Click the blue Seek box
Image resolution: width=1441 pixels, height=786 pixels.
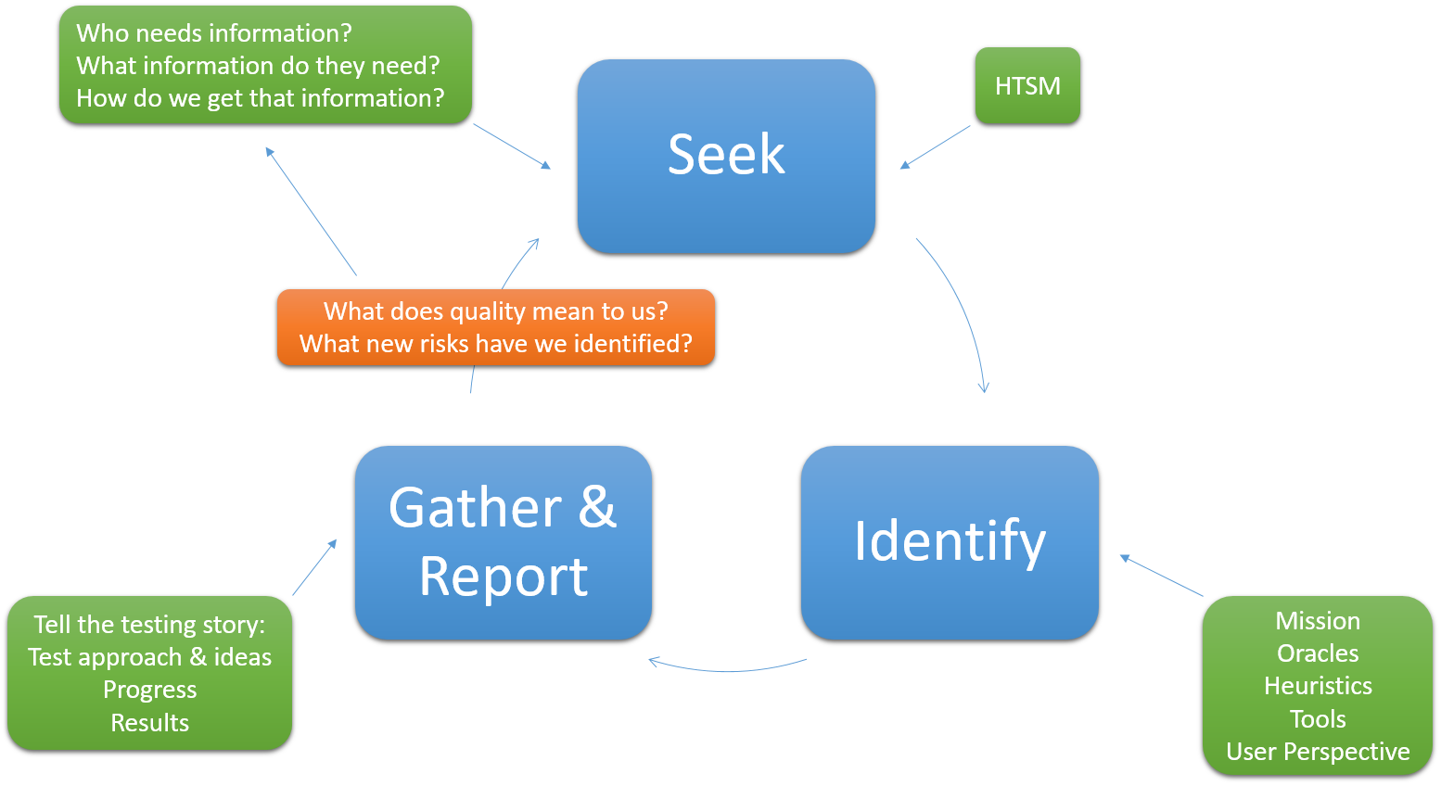click(x=726, y=157)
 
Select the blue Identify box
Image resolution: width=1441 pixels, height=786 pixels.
click(x=950, y=543)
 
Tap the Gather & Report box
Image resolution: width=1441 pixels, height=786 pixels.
click(x=504, y=543)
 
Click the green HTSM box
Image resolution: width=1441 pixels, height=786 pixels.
click(x=1027, y=85)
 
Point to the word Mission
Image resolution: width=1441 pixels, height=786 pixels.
click(x=1318, y=621)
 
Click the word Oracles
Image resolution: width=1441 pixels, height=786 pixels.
click(x=1318, y=653)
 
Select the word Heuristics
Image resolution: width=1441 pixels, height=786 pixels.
click(x=1318, y=686)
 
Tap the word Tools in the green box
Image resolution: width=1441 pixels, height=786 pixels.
click(x=1318, y=719)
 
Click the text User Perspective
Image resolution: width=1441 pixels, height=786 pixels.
click(x=1318, y=752)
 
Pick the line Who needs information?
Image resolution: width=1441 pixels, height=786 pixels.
click(x=214, y=33)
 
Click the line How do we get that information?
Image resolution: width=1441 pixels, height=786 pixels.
click(x=261, y=98)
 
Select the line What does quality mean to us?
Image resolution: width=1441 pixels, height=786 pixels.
click(x=496, y=311)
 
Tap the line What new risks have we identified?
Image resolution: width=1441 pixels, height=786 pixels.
click(x=496, y=344)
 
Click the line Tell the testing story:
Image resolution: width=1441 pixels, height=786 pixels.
click(x=149, y=626)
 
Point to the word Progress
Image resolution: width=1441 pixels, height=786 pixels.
click(x=149, y=691)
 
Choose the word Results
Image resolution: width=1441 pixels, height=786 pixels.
click(x=149, y=723)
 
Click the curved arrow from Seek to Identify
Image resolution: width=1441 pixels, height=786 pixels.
click(x=965, y=308)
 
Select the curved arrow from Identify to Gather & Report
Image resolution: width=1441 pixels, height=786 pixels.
click(x=727, y=670)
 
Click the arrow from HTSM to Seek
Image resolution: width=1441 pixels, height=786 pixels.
click(x=935, y=147)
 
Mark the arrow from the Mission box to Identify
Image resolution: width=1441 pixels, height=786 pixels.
click(x=1161, y=576)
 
